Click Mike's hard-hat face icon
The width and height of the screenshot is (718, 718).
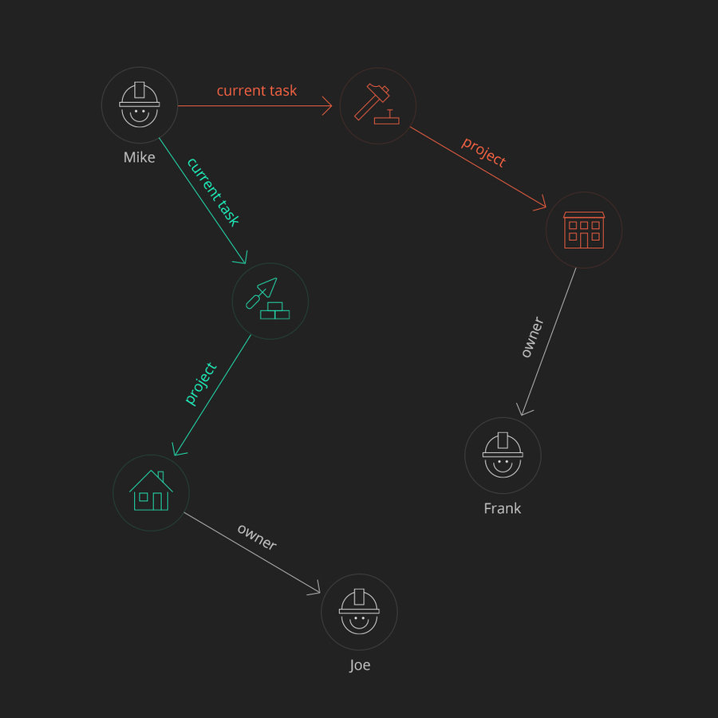pyautogui.click(x=140, y=105)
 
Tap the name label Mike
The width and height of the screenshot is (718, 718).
pyautogui.click(x=139, y=157)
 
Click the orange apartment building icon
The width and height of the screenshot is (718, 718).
pyautogui.click(x=584, y=230)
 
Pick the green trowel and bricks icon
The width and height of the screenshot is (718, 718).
pyautogui.click(x=270, y=301)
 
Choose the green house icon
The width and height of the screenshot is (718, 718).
pyautogui.click(x=151, y=492)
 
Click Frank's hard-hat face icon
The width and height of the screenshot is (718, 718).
pyautogui.click(x=503, y=456)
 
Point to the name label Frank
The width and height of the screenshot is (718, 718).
pyautogui.click(x=502, y=508)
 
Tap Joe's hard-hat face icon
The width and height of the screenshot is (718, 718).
pyautogui.click(x=359, y=612)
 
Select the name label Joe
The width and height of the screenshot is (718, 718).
pyautogui.click(x=360, y=665)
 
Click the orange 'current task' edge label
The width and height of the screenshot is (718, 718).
pyautogui.click(x=256, y=91)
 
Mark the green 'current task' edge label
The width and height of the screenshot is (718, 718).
pyautogui.click(x=212, y=191)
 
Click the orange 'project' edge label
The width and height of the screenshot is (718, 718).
pyautogui.click(x=483, y=152)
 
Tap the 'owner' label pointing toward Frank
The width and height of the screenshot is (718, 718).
pyautogui.click(x=531, y=337)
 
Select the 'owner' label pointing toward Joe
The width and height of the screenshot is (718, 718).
pyautogui.click(x=257, y=538)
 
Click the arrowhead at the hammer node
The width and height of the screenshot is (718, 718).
pyautogui.click(x=326, y=105)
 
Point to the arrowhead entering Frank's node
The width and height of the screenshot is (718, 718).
pyautogui.click(x=523, y=410)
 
